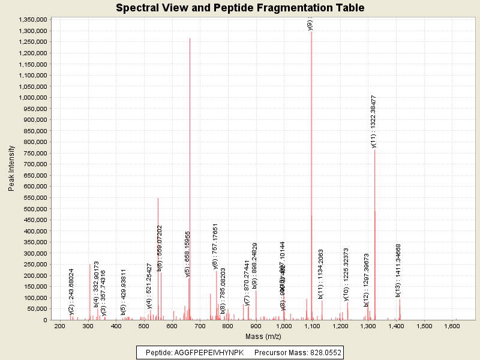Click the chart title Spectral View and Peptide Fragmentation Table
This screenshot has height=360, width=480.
pos(240,8)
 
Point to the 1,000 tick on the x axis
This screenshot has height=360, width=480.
pos(284,326)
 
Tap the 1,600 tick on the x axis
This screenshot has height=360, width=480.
pos(452,326)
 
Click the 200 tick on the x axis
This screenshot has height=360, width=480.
pos(59,326)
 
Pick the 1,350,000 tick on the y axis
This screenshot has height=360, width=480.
pos(34,20)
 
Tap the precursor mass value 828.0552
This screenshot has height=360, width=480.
pos(320,353)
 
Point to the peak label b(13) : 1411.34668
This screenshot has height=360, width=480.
pos(398,270)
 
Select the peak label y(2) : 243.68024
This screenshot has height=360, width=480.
pos(71,291)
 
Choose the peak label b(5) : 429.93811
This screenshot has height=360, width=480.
pos(124,292)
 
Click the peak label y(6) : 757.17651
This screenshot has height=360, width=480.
pos(215,246)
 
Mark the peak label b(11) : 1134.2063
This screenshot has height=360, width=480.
pos(321,274)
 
